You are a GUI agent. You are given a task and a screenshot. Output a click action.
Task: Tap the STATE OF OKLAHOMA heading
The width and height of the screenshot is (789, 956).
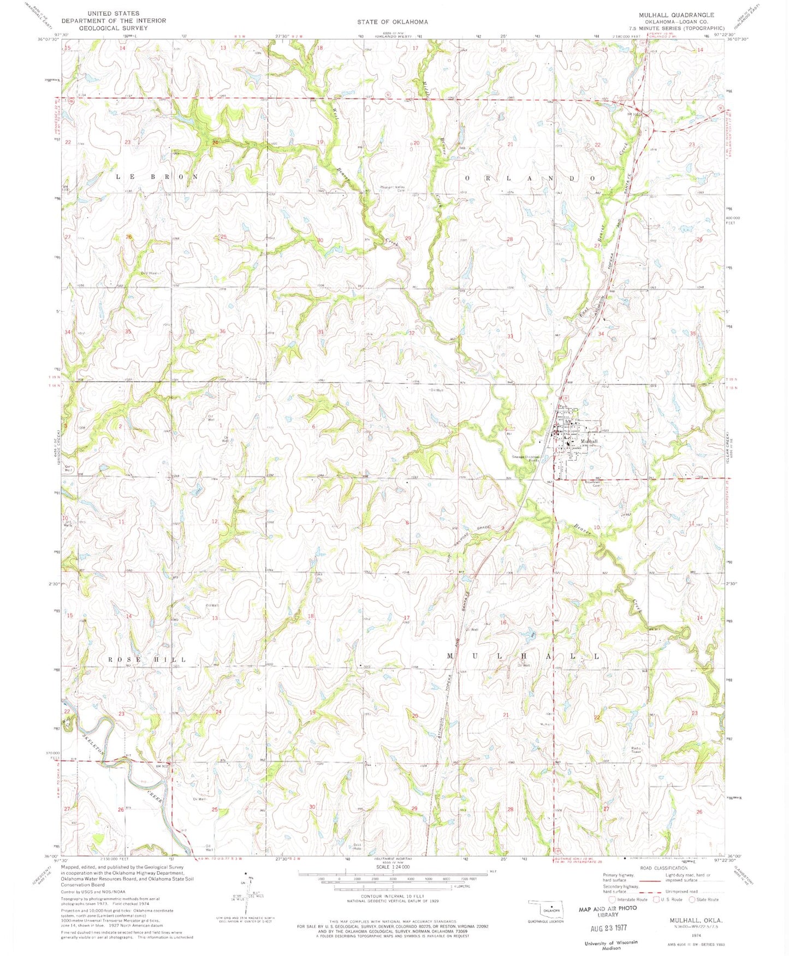393,22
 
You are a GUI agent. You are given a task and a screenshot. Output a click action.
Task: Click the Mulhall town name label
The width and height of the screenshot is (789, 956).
589,441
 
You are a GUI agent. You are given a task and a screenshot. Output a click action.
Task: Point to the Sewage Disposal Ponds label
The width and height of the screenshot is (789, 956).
525,459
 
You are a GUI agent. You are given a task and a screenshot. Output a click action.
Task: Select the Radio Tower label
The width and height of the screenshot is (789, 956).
636,750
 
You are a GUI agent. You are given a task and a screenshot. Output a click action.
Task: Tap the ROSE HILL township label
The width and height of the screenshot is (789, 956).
147,660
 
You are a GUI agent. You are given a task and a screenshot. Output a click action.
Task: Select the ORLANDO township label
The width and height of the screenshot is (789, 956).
530,179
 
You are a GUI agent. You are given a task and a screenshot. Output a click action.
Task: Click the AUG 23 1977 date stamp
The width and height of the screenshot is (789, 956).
608,928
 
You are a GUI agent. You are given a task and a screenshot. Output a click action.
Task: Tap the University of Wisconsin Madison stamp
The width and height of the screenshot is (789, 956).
610,945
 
